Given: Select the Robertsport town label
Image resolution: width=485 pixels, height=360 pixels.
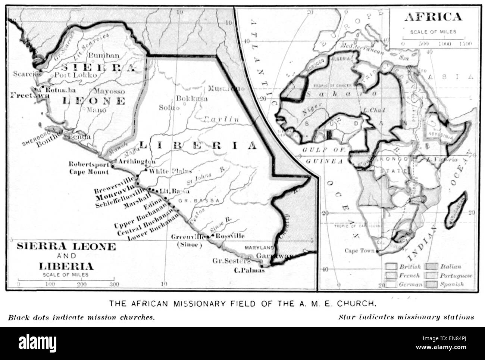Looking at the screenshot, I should pos(89,164).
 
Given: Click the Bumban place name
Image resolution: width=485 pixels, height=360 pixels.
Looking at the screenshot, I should pos(103,56).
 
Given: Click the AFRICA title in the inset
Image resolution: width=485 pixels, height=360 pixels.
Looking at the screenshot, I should pos(433,17).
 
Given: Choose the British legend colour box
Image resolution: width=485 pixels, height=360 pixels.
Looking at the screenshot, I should pos(391,267).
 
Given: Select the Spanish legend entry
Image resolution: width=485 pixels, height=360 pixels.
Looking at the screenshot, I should pos(453,284).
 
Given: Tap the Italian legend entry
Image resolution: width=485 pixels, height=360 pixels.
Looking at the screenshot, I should pos(450,267).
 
